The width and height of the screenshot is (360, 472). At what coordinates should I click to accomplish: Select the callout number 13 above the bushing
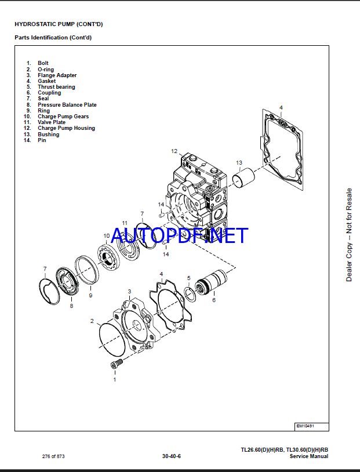click(x=239, y=162)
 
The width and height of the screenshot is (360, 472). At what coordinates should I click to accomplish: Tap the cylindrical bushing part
click(x=243, y=178)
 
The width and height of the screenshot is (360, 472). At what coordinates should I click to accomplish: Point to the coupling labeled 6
click(x=210, y=282)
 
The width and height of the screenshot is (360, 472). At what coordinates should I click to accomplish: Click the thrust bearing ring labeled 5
click(x=190, y=294)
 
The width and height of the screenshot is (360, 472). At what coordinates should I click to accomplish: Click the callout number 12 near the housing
click(x=174, y=151)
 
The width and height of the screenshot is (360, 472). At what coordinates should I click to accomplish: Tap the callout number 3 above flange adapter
click(x=129, y=292)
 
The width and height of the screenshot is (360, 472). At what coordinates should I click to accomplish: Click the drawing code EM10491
click(x=305, y=426)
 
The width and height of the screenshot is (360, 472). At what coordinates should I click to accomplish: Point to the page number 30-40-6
click(x=171, y=456)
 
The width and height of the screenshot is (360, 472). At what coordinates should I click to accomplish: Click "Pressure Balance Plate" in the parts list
click(x=67, y=105)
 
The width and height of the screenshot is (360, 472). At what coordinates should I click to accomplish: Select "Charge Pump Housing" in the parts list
click(x=66, y=128)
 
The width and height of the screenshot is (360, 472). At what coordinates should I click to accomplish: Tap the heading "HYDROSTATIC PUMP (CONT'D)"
click(x=59, y=24)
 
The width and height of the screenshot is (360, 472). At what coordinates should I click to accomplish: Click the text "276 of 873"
click(x=53, y=456)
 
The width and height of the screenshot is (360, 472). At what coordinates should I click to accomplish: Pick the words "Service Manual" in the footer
click(x=309, y=456)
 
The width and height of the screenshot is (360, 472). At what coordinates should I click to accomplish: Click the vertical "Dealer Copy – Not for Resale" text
click(x=349, y=235)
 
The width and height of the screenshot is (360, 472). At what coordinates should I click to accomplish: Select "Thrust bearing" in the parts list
click(x=56, y=87)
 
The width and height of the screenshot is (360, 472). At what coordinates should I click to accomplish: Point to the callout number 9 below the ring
click(x=90, y=296)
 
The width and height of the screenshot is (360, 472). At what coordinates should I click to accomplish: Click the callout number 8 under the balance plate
click(x=71, y=306)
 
